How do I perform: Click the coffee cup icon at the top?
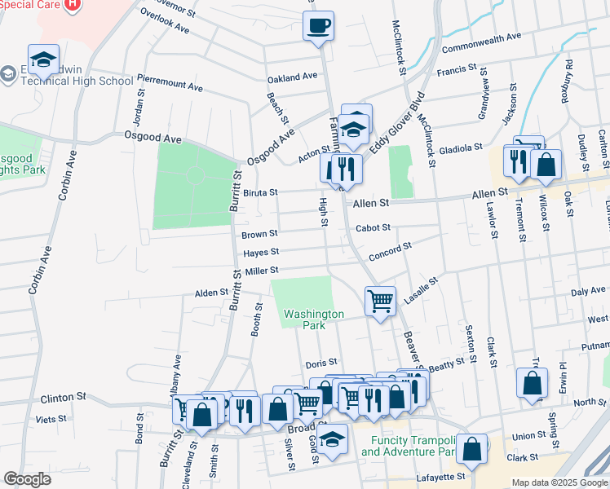318,24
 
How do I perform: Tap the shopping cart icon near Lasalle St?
380,301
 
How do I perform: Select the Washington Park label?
314,319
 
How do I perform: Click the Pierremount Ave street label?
170,86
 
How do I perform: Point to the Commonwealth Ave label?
481,37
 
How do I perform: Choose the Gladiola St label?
461,149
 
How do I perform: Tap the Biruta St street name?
260,193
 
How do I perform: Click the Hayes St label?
261,253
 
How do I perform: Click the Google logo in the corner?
27,479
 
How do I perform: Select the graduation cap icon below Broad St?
332,438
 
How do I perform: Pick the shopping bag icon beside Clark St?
472,448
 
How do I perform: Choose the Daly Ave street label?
588,291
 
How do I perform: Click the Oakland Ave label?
292,77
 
